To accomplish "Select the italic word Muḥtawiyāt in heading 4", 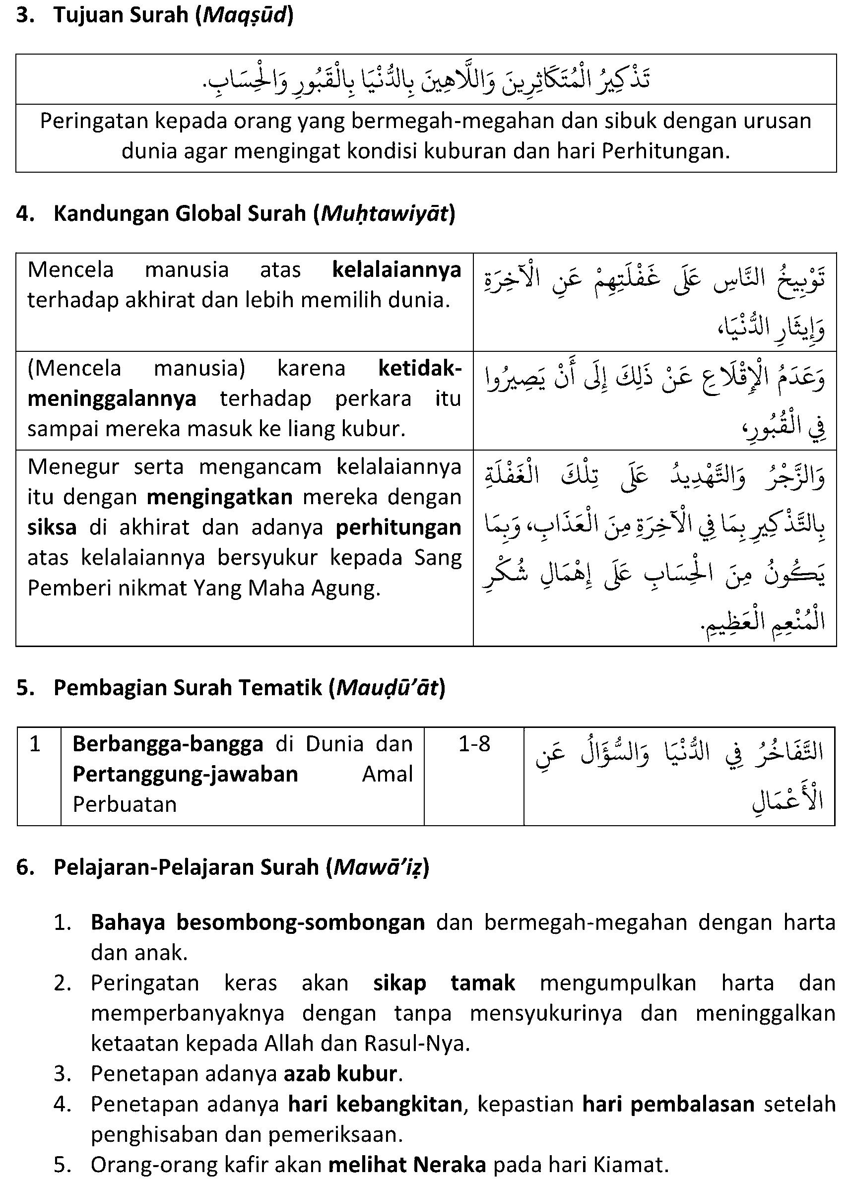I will click(x=385, y=214).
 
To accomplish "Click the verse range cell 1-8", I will click(x=474, y=744).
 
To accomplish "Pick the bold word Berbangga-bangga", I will click(x=168, y=744).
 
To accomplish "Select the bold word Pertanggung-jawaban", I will click(x=185, y=774).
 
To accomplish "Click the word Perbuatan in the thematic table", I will click(x=125, y=804).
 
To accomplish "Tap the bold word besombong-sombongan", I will click(x=300, y=922).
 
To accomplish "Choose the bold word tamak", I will click(x=483, y=983).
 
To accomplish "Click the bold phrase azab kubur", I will click(x=341, y=1073).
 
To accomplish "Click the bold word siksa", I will click(x=52, y=527).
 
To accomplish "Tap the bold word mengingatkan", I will click(x=219, y=497).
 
